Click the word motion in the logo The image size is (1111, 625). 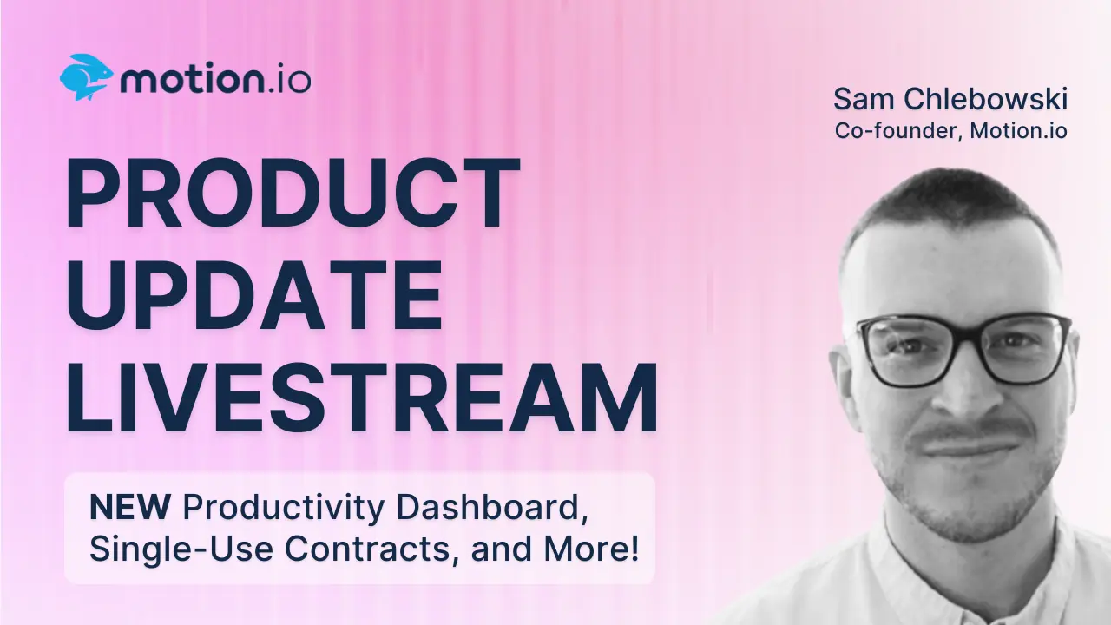click(192, 79)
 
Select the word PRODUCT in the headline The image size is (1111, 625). click(293, 193)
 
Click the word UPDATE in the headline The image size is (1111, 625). click(254, 294)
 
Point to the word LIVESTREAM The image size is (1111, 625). click(362, 398)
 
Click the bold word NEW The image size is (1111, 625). click(130, 508)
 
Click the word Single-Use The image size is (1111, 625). click(181, 549)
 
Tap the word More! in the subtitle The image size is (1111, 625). click(592, 548)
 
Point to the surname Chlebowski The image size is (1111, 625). click(985, 99)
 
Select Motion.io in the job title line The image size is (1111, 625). click(1019, 130)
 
